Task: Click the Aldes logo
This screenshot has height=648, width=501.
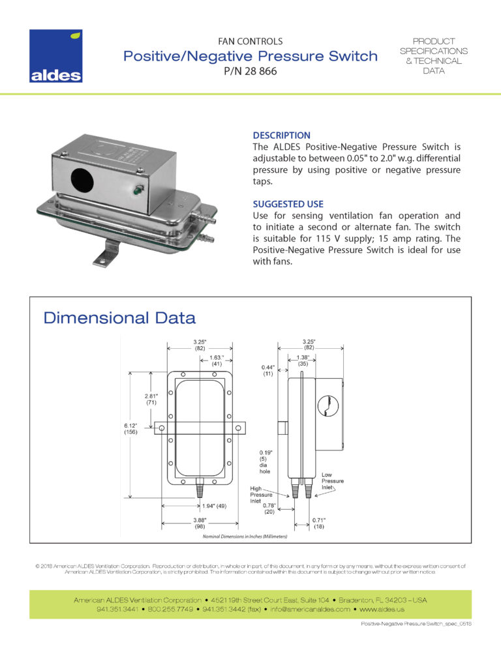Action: (x=55, y=56)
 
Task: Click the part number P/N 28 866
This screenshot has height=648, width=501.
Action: (x=250, y=72)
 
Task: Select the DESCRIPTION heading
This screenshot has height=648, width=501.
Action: (x=281, y=135)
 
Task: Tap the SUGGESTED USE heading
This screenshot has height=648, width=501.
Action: (x=288, y=204)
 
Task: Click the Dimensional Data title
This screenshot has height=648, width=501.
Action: (x=119, y=318)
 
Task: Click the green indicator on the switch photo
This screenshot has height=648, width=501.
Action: (x=137, y=191)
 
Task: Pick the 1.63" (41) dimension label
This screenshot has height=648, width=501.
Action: (x=217, y=361)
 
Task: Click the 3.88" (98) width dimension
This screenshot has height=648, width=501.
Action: (x=200, y=523)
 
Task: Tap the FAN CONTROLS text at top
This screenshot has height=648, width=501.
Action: (x=250, y=41)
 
